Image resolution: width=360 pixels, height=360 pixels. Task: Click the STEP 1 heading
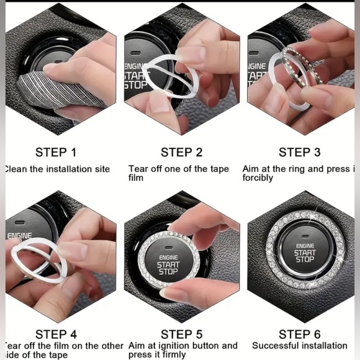pos(56,152)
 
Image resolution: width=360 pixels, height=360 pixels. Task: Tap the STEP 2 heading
pos(181,152)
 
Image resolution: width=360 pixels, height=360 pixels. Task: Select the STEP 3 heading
pos(299,152)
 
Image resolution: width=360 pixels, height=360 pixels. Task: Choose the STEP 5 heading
pos(181,335)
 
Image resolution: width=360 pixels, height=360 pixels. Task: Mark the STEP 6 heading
pos(299,335)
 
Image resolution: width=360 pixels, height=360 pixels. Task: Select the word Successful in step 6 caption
pos(276,345)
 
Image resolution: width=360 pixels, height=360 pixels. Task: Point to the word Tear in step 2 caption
pos(138,169)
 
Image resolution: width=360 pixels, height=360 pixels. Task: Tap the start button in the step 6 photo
pos(304,253)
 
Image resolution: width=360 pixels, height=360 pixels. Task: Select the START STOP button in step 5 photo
pos(168,264)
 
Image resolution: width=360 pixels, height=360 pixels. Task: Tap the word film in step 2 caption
pos(136,178)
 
